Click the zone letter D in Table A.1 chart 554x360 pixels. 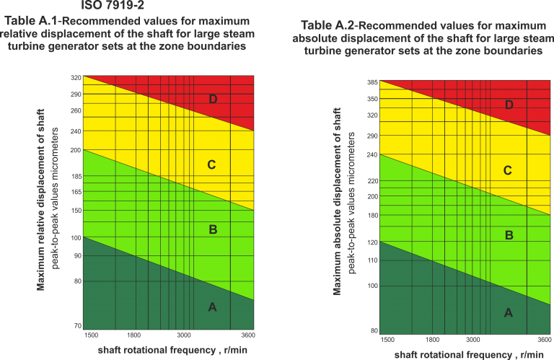(x=213, y=99)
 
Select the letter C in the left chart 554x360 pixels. (x=211, y=165)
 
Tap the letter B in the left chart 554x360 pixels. (x=213, y=230)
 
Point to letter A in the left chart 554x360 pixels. (x=212, y=307)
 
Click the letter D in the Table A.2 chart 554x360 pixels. (x=509, y=105)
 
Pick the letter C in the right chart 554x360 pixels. (x=508, y=171)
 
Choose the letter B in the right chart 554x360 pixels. (x=509, y=235)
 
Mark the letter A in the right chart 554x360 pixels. (x=508, y=312)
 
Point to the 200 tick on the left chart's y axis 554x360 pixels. (x=76, y=149)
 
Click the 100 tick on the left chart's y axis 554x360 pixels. (x=76, y=237)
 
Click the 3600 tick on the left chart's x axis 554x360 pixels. (x=247, y=335)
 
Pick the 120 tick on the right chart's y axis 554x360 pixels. (x=372, y=242)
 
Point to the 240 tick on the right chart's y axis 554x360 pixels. (x=372, y=155)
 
